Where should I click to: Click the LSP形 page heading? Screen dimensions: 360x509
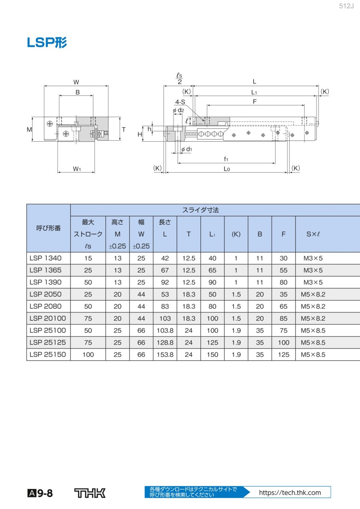(47, 42)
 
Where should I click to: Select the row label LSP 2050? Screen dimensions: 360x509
(46, 294)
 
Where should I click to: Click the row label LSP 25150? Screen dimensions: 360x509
(48, 355)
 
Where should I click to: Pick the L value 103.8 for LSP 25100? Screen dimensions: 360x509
(165, 331)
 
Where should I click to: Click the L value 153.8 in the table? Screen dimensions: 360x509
(165, 355)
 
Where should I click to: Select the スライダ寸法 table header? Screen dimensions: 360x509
(200, 210)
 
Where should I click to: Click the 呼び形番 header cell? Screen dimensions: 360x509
(48, 228)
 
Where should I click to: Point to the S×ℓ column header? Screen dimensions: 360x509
(313, 234)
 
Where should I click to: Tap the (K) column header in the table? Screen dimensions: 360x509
(236, 234)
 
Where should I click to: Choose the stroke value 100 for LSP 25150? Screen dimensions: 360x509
(88, 355)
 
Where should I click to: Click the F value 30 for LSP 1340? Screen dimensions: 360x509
(284, 258)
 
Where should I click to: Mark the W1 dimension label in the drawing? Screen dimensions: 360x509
(77, 169)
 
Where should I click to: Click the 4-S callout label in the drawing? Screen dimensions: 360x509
(180, 102)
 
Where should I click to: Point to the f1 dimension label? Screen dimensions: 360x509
(226, 159)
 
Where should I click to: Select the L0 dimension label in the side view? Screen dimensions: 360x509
(227, 169)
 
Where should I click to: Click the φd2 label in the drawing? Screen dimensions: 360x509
(178, 110)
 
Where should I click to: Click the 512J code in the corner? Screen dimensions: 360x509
(346, 6)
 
